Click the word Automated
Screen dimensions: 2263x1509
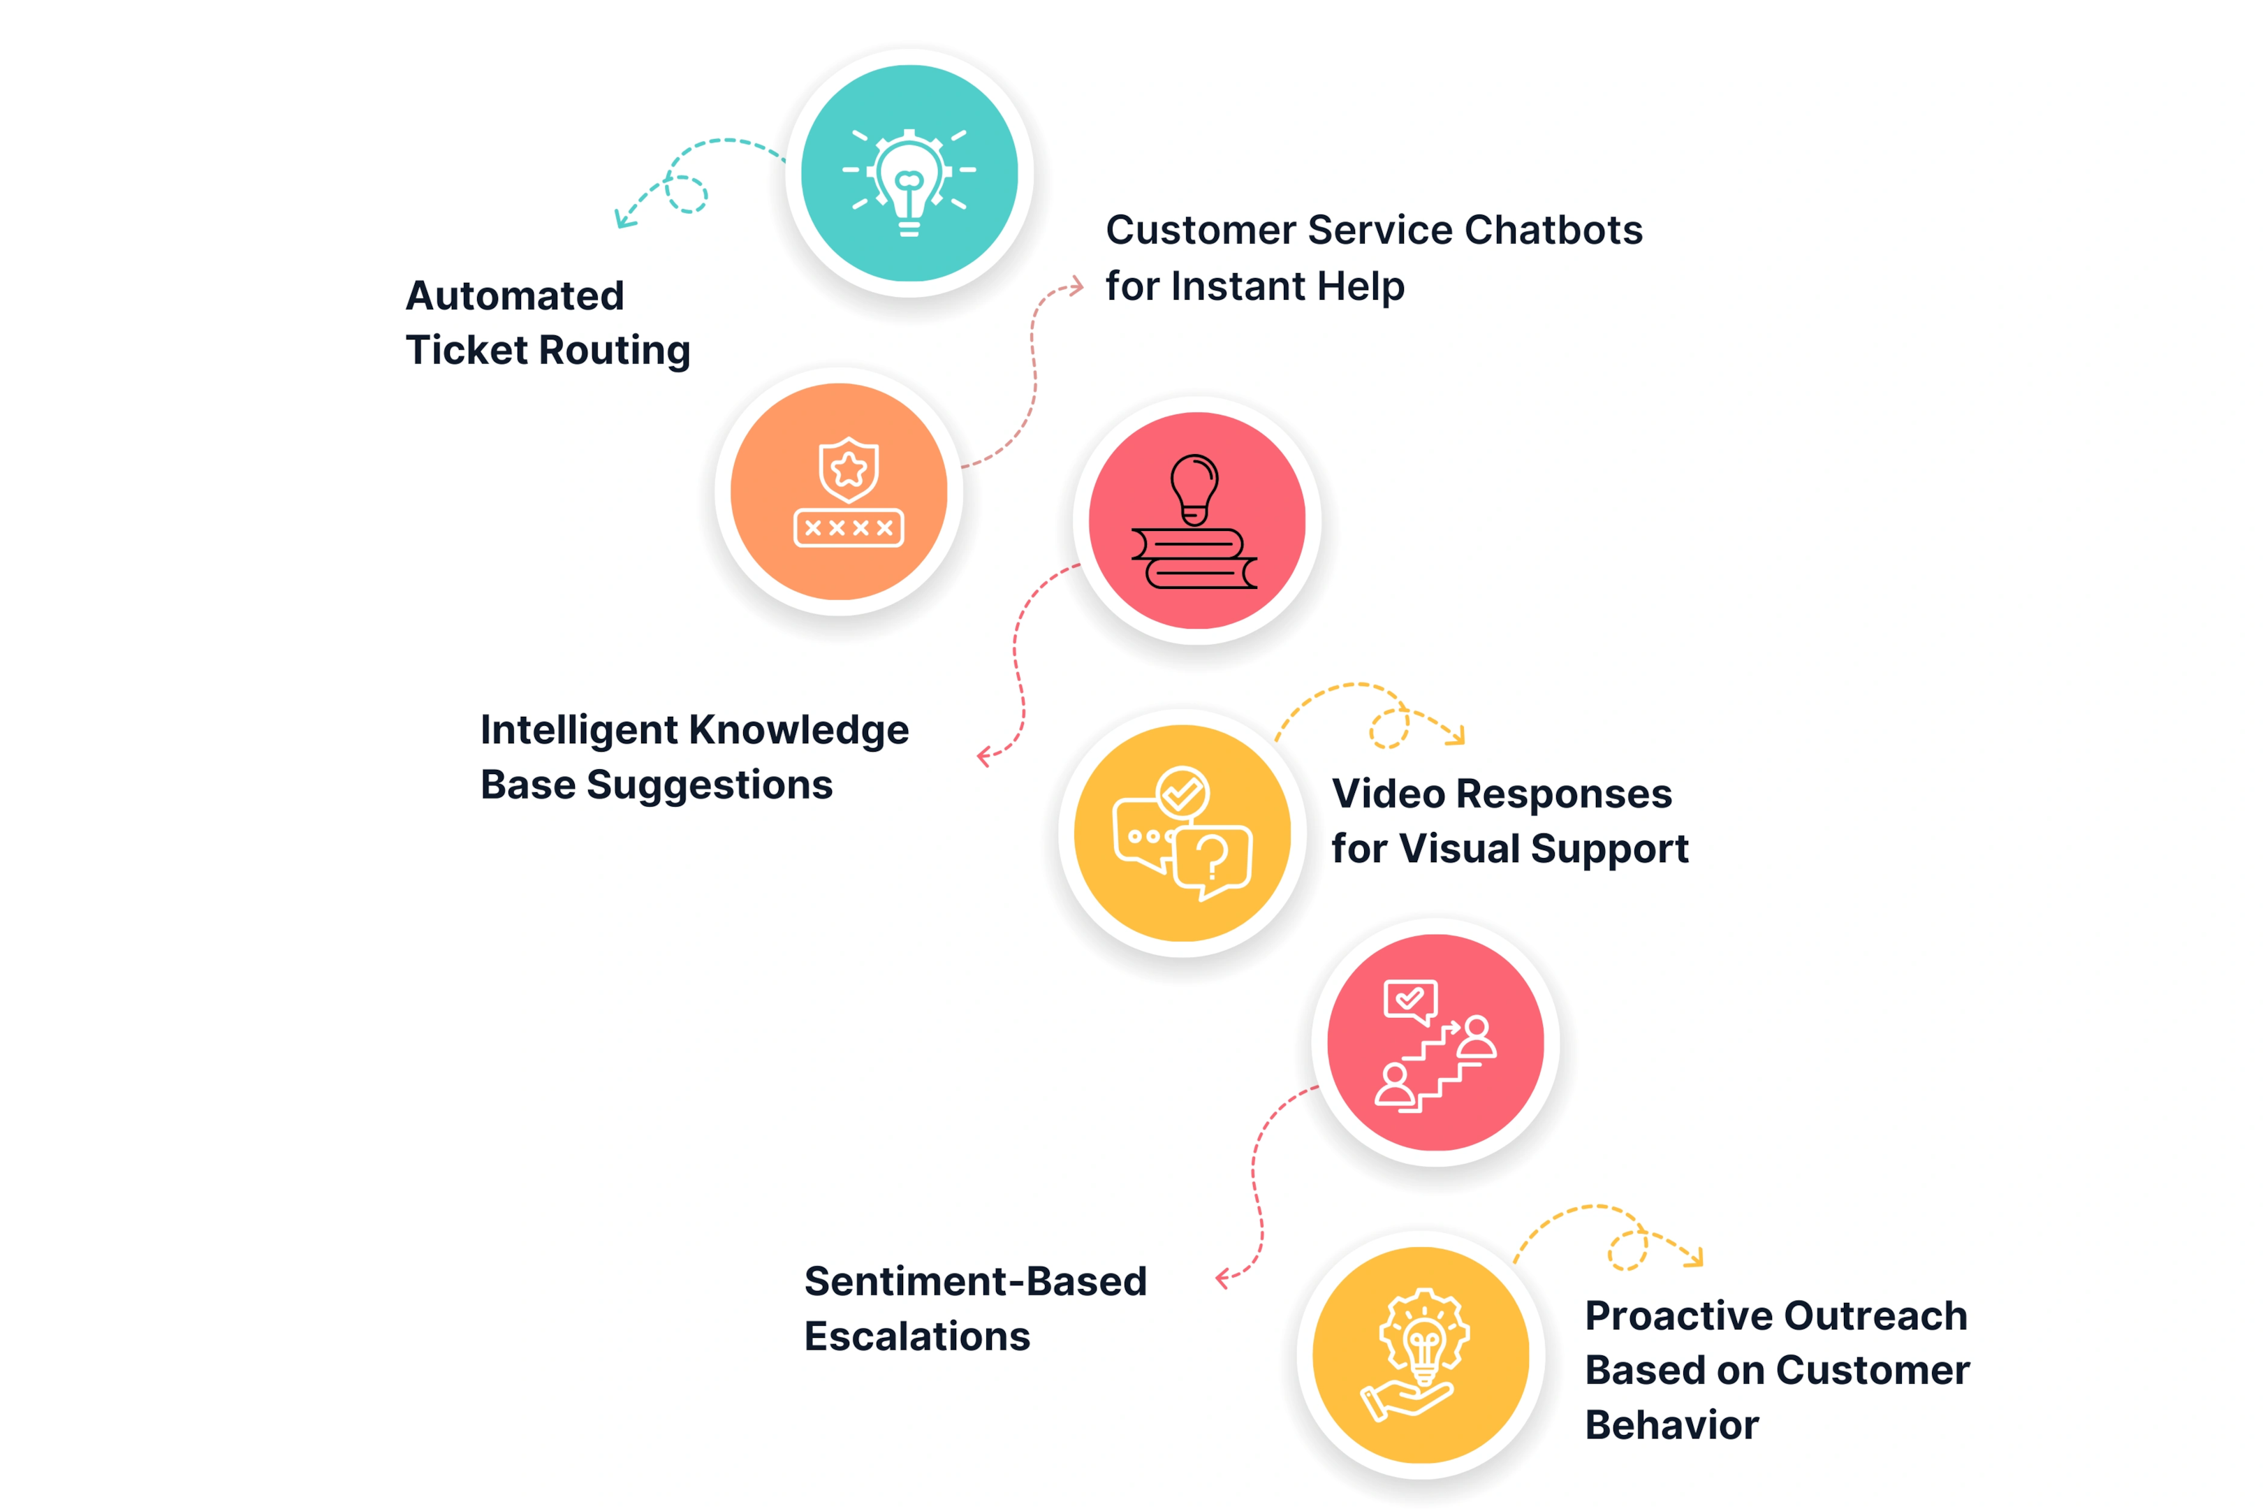(x=515, y=296)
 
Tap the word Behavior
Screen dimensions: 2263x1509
(x=1672, y=1425)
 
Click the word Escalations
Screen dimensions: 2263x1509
(x=917, y=1336)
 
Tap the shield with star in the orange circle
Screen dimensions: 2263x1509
(x=849, y=469)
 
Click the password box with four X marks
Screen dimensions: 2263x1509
(x=849, y=527)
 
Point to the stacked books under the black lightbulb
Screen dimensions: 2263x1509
(x=1194, y=558)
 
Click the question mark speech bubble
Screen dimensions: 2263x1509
(x=1213, y=861)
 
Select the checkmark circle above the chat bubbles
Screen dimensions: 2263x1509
(x=1182, y=793)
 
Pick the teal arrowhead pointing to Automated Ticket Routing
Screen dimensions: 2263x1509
(x=624, y=217)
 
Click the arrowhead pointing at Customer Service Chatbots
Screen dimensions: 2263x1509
(x=1075, y=286)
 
